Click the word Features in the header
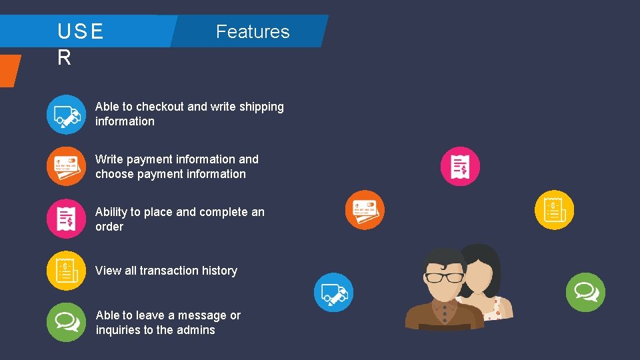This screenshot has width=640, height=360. click(253, 32)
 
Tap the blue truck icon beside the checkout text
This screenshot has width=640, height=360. click(66, 115)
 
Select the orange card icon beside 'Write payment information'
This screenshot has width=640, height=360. click(66, 166)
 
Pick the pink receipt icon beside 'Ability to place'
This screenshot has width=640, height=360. click(66, 219)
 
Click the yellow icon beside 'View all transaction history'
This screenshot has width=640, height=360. click(66, 270)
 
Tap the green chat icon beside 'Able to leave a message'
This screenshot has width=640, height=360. click(66, 322)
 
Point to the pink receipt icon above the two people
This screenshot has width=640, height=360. click(460, 166)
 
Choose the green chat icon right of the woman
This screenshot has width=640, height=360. click(585, 292)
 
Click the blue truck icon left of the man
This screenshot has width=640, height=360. click(333, 292)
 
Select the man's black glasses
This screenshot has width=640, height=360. click(445, 277)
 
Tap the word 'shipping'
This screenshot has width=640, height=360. click(260, 107)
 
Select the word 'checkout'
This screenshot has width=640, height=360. click(159, 107)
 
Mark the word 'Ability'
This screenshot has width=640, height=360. click(111, 212)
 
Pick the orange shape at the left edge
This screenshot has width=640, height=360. click(9, 70)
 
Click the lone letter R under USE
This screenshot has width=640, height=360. click(64, 58)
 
